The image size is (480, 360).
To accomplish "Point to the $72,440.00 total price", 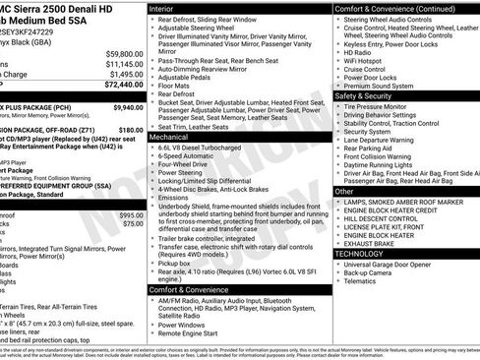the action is (x=121, y=86).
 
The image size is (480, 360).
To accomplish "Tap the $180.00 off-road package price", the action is (x=131, y=129).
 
